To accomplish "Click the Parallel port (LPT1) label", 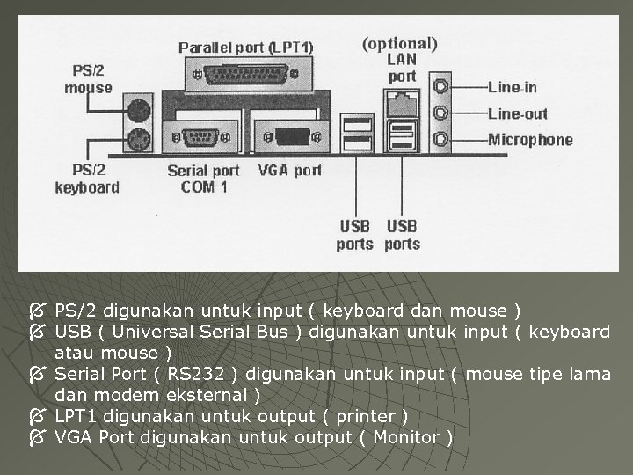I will [x=246, y=47].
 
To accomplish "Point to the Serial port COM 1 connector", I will [x=201, y=137].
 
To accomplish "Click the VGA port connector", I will [x=289, y=137].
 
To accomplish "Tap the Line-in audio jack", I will [x=441, y=87].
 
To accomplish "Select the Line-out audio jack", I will [x=441, y=113].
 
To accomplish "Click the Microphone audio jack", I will [x=441, y=140].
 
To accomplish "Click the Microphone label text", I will [x=530, y=140].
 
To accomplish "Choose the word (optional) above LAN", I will [x=400, y=43].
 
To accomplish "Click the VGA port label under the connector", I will [x=289, y=171].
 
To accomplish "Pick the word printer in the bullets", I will [x=365, y=416].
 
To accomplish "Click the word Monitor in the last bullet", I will [x=408, y=437].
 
